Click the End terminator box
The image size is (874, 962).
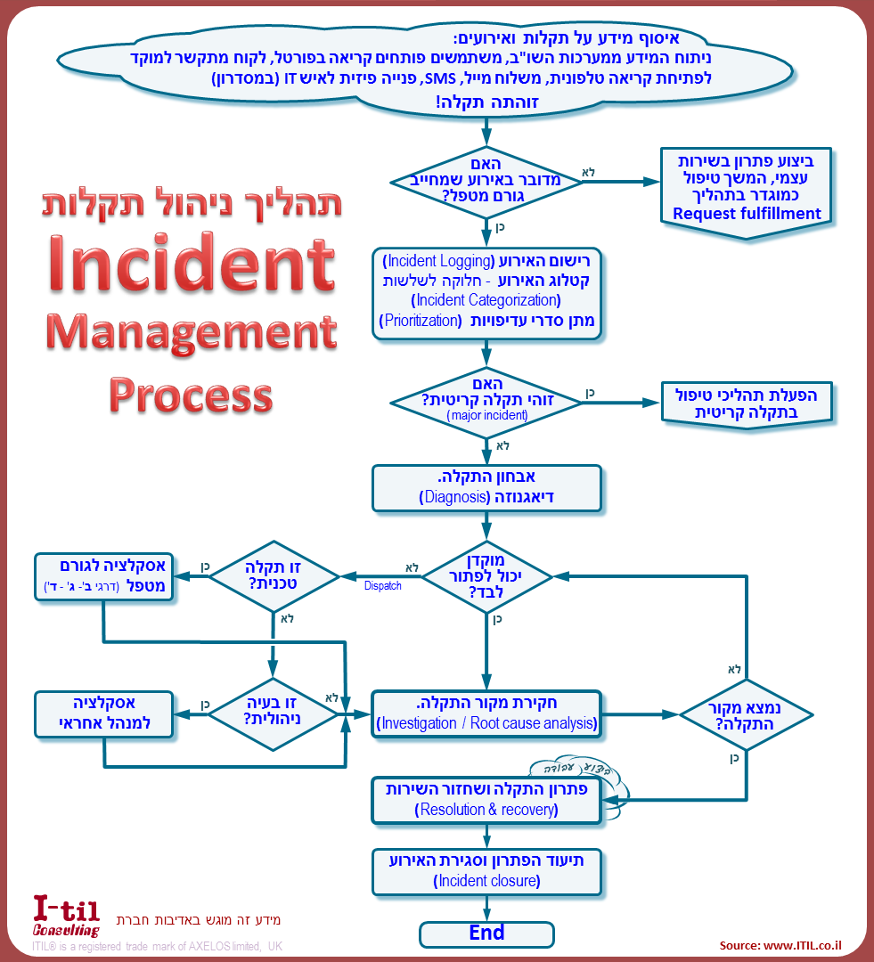point(486,933)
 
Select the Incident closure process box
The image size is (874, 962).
point(486,871)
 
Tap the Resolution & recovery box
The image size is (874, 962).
point(486,800)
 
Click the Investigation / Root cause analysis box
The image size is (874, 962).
point(486,713)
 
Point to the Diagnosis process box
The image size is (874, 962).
point(486,487)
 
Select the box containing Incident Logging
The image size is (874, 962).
point(486,294)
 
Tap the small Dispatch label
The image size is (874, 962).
point(382,586)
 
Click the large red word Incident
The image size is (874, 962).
point(192,264)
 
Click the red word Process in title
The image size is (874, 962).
point(192,395)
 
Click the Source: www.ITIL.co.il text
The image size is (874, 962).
point(780,945)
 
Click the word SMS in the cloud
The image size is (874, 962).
point(439,78)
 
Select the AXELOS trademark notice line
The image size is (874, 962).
point(157,947)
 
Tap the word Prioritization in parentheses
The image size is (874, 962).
point(421,321)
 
